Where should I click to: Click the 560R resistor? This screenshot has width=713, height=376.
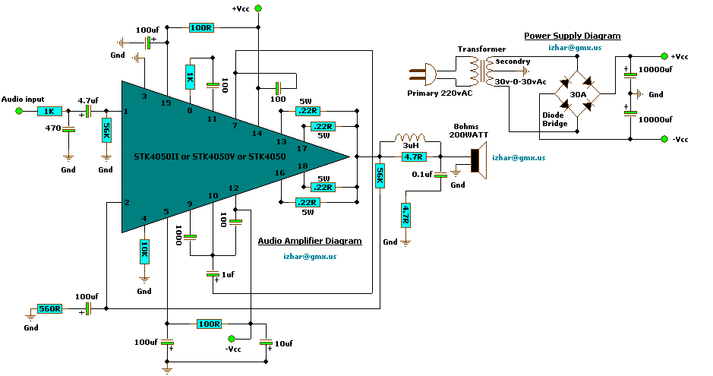[x=49, y=309]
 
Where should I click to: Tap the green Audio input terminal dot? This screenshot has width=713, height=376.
[x=20, y=111]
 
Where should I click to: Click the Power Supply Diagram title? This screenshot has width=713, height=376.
[x=572, y=36]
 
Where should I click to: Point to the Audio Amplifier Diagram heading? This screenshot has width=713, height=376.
[x=310, y=241]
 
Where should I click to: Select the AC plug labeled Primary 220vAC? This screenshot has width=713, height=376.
[x=422, y=75]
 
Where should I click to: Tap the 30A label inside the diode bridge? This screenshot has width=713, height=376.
[x=577, y=95]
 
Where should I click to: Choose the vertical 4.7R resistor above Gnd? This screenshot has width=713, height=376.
[x=406, y=215]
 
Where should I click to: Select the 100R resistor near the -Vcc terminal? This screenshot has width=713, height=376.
[x=209, y=324]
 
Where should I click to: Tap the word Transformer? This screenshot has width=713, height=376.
[x=481, y=49]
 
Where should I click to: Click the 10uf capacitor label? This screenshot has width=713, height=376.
[x=283, y=344]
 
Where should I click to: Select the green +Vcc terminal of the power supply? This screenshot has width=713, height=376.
[x=664, y=56]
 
